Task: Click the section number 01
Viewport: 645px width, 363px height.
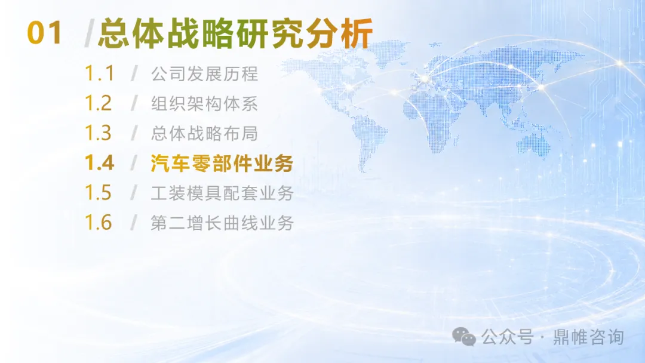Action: click(x=44, y=33)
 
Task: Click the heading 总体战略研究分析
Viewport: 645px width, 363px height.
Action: click(x=236, y=33)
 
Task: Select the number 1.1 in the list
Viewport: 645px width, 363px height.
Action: click(x=99, y=73)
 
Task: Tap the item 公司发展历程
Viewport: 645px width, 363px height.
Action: click(x=204, y=74)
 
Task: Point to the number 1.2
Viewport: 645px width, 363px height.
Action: click(x=99, y=103)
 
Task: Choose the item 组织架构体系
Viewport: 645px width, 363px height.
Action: click(x=204, y=104)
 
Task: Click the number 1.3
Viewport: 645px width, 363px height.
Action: click(x=99, y=133)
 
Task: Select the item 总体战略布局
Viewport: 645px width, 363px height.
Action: click(x=204, y=134)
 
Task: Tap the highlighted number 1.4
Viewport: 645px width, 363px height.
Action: click(x=99, y=163)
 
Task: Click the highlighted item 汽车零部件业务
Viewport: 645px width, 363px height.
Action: click(x=222, y=163)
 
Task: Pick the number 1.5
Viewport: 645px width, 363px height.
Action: click(x=99, y=193)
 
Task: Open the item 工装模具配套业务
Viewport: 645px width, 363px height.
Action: click(x=222, y=193)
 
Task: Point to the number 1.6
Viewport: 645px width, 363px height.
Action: click(x=99, y=223)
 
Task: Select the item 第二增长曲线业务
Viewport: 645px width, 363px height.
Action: click(x=222, y=223)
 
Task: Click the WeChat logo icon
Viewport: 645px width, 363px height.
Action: click(x=464, y=337)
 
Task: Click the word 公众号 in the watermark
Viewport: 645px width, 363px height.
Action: click(x=507, y=337)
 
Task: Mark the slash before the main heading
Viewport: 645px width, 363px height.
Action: click(x=89, y=33)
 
